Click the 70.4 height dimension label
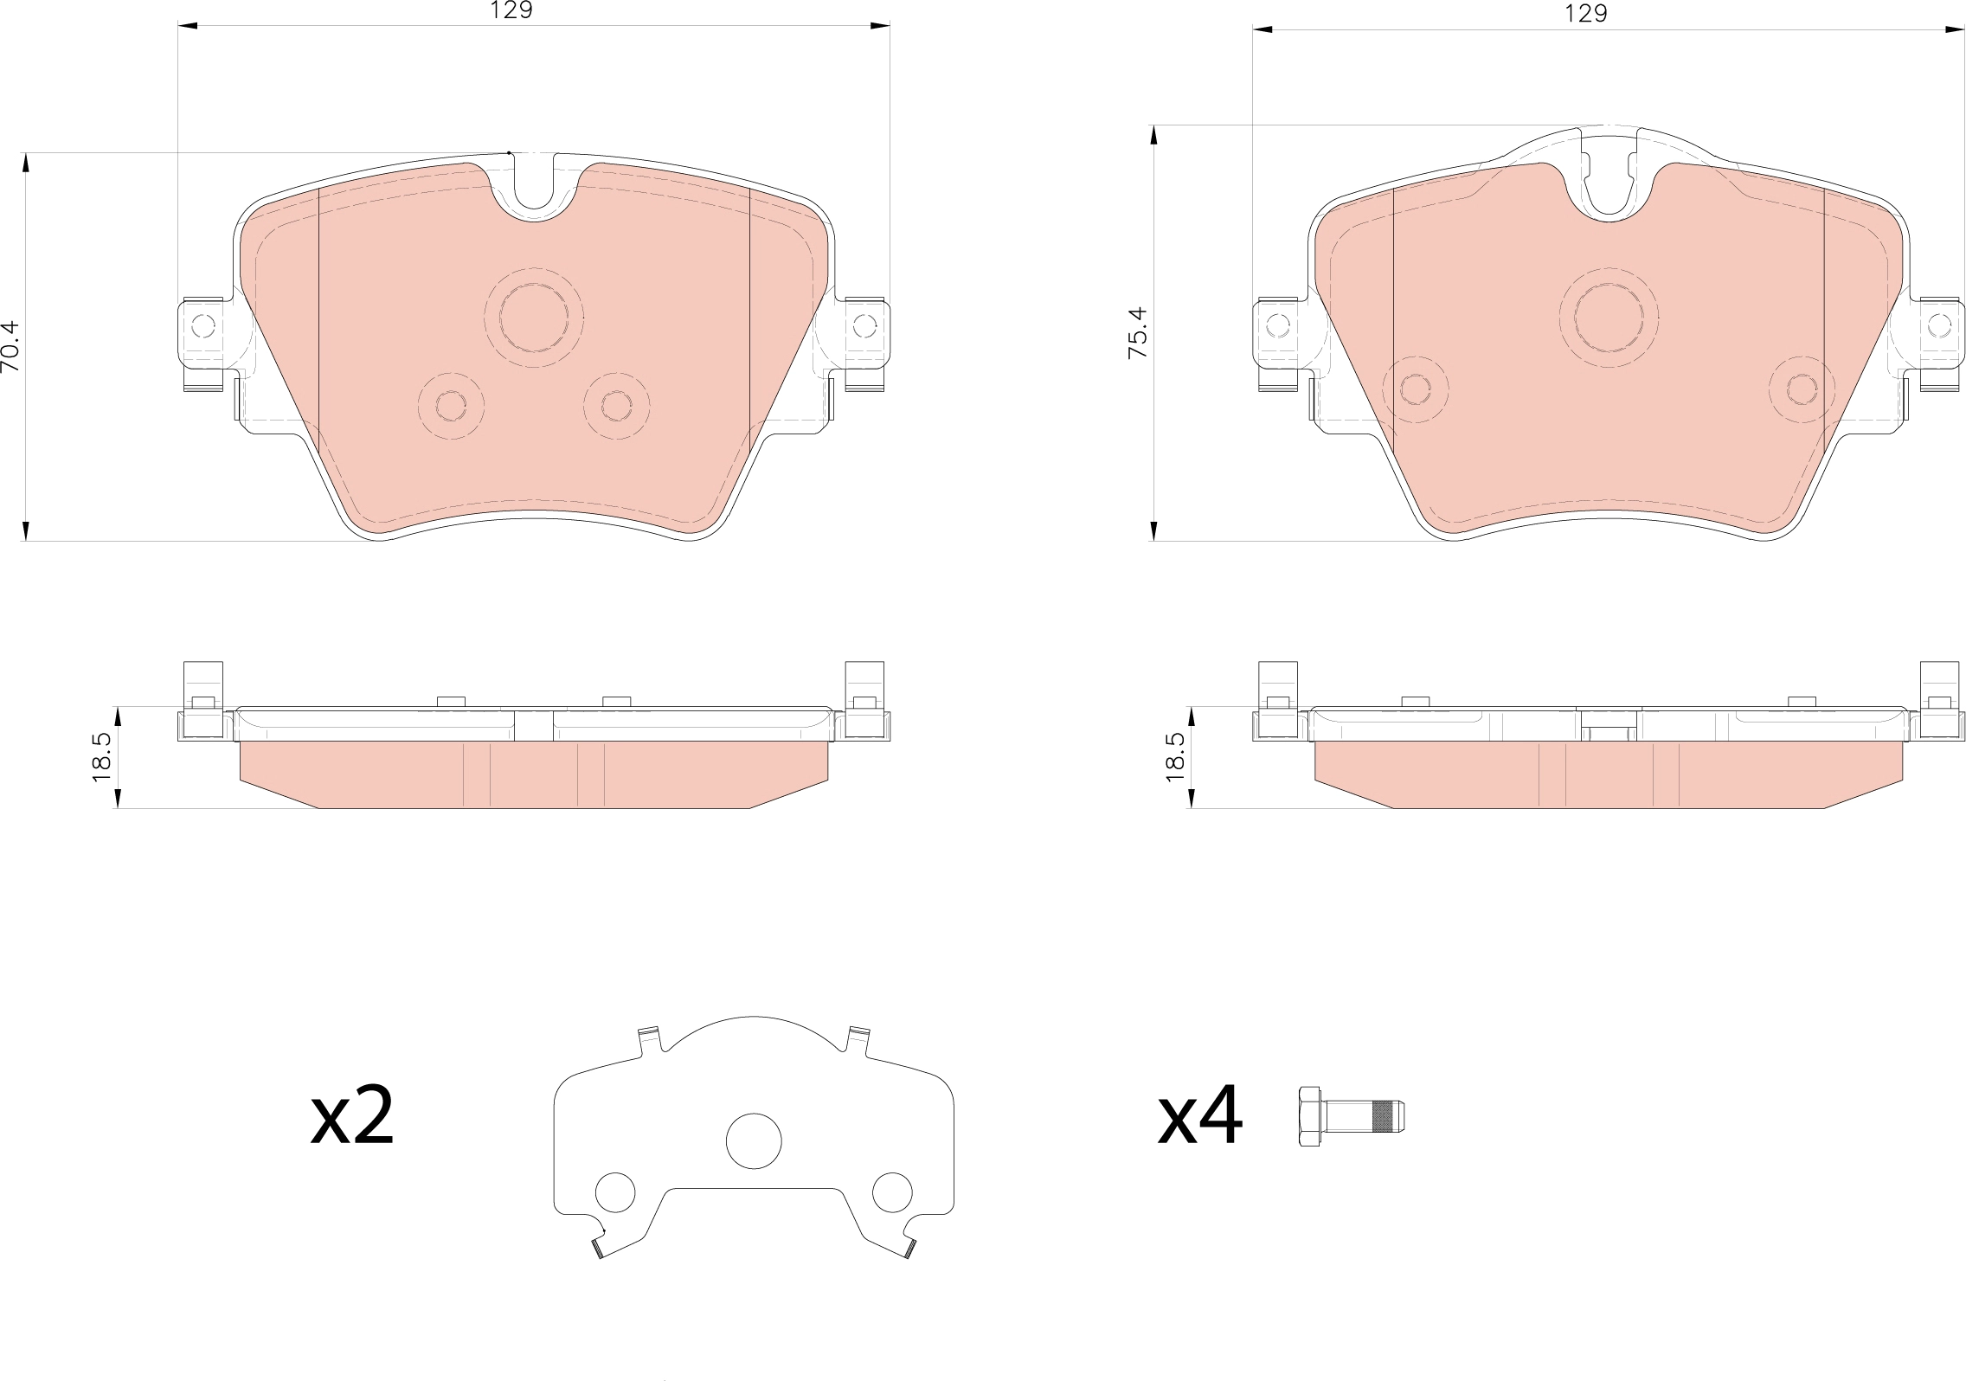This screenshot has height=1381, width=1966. [10, 346]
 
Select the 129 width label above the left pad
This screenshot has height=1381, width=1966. [511, 10]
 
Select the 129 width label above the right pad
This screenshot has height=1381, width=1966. [1586, 13]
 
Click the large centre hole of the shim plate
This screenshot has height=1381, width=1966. [754, 1140]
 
